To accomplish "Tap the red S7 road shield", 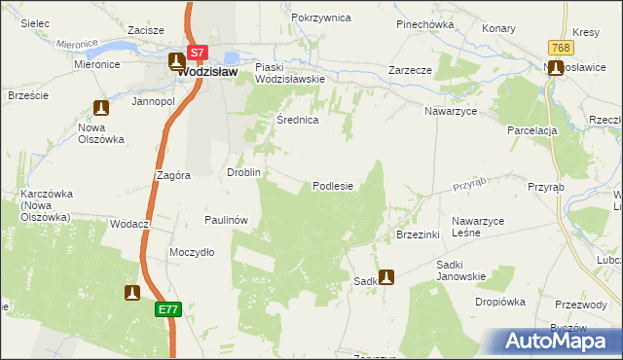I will coord(198,52).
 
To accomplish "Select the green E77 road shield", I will coord(168,309).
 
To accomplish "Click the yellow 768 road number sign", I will coord(559,48).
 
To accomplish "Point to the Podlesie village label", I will coord(332,186).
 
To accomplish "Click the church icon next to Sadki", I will coord(386,276).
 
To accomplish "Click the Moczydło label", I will coord(192,252).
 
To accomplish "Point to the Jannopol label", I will coord(153,101).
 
